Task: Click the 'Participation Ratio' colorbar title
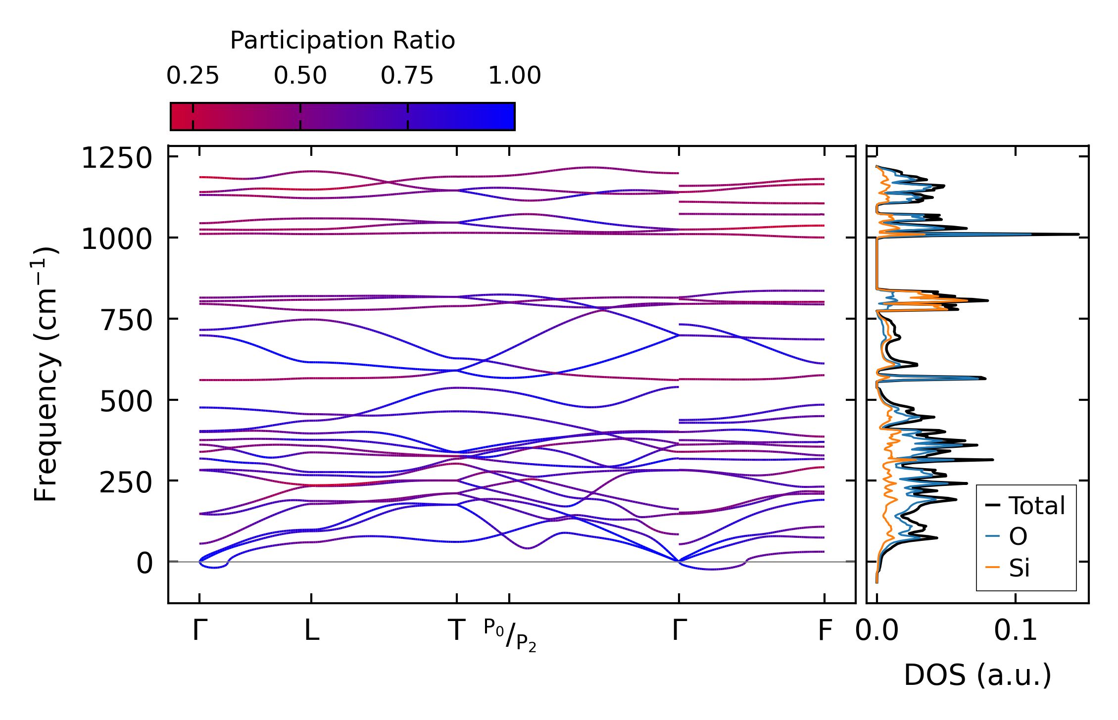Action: (x=342, y=41)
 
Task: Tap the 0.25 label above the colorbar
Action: (x=193, y=76)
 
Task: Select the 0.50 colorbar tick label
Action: (x=300, y=76)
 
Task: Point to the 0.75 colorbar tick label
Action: (x=407, y=76)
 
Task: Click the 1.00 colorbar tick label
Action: (x=514, y=76)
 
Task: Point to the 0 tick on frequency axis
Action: (x=145, y=564)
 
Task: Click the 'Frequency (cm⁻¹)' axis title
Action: (x=46, y=374)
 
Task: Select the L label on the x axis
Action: (x=311, y=631)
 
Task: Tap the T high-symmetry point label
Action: (x=456, y=631)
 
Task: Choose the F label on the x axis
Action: (x=825, y=631)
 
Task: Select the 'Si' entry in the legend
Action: (x=1020, y=568)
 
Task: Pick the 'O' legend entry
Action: (x=1018, y=537)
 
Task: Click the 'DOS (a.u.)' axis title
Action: (x=977, y=675)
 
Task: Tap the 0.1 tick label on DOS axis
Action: (x=1016, y=631)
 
